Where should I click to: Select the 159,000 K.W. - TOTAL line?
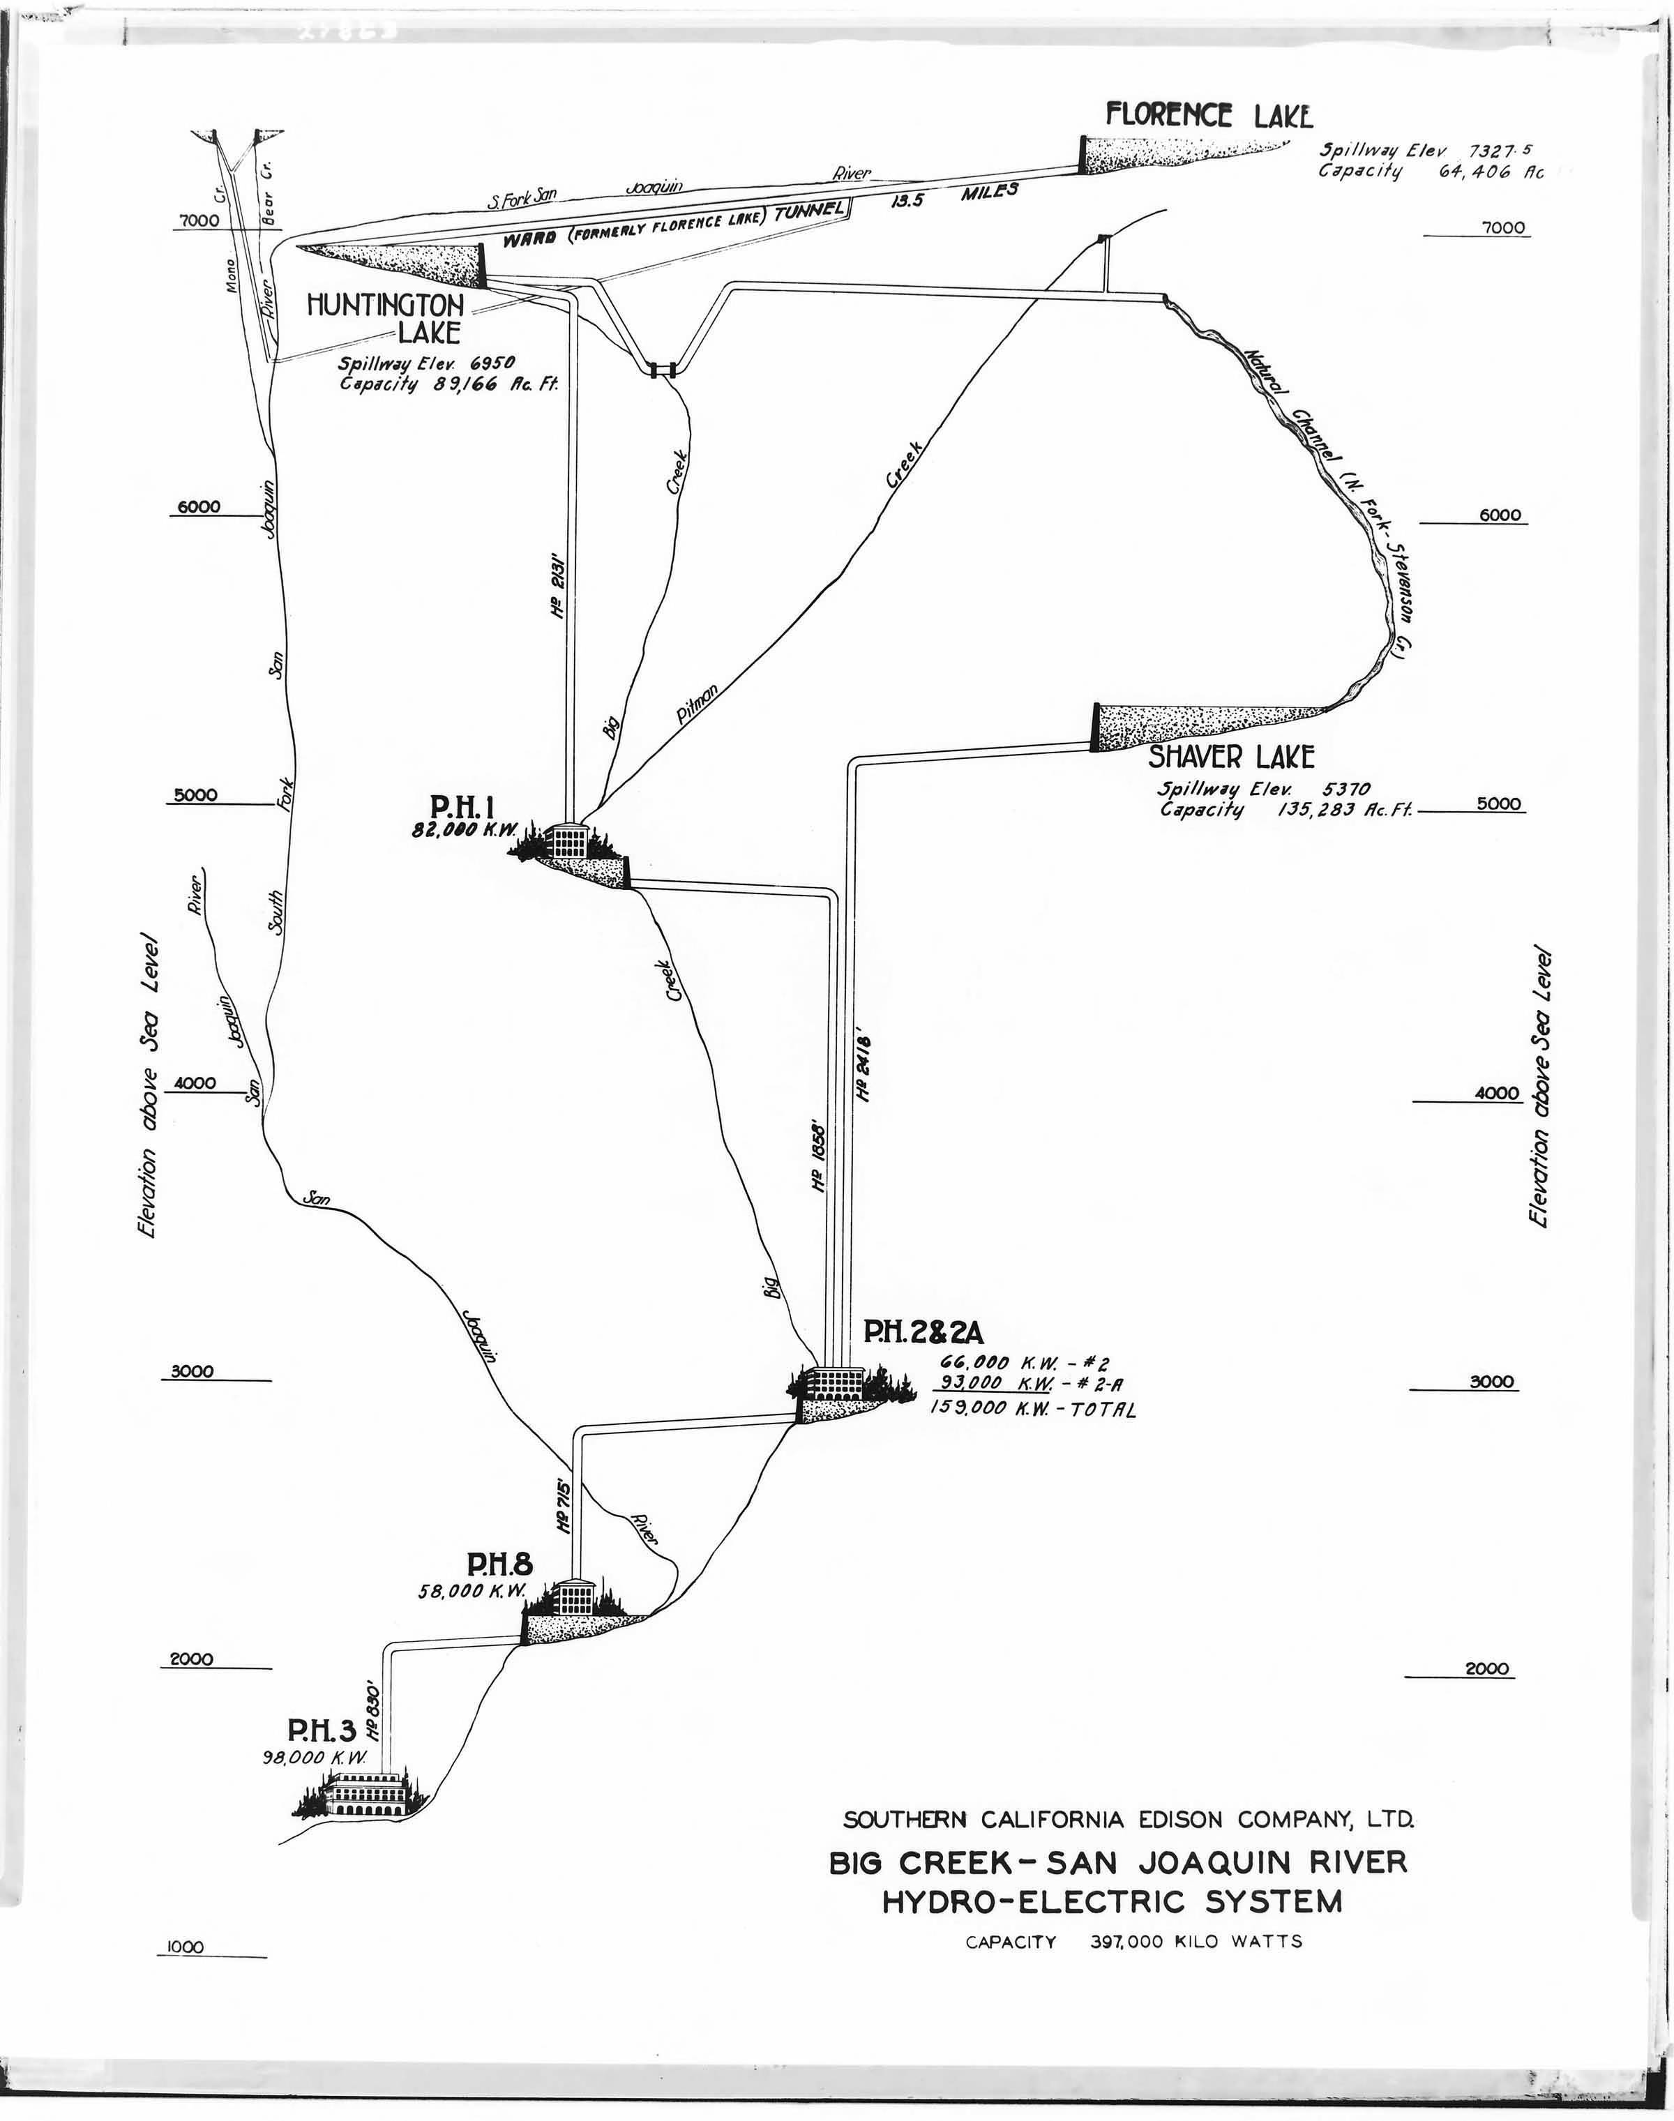pyautogui.click(x=1032, y=1410)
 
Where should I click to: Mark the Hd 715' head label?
pyautogui.click(x=564, y=1505)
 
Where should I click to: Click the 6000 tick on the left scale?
pyautogui.click(x=199, y=508)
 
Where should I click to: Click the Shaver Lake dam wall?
pyautogui.click(x=1096, y=727)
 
